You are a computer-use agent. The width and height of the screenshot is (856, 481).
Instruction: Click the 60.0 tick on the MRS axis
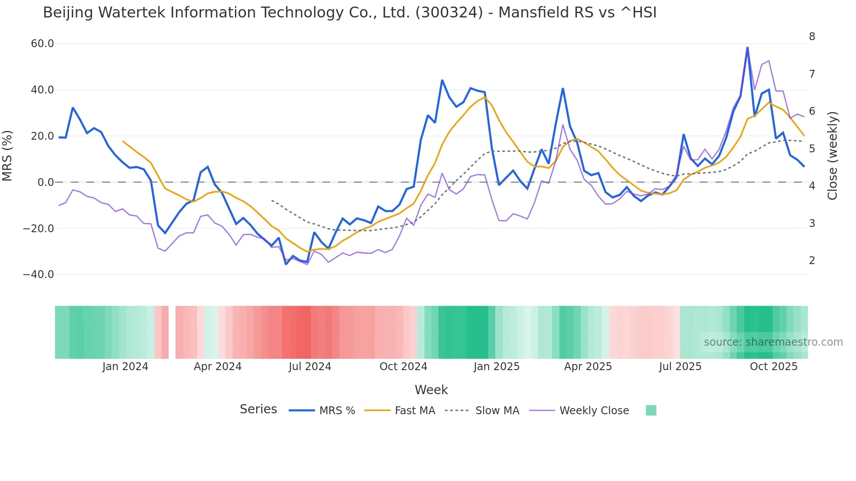pos(42,44)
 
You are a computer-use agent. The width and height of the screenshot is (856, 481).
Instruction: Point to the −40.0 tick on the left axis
pos(39,275)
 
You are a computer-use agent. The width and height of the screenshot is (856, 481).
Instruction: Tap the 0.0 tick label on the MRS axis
pos(46,182)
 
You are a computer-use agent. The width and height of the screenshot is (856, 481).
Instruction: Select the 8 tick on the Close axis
pos(812,37)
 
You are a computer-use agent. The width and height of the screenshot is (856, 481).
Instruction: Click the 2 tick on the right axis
pos(812,261)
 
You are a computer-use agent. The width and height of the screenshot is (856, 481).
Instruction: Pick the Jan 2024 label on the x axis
pos(125,367)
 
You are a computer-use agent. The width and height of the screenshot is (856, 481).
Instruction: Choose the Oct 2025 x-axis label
pos(773,367)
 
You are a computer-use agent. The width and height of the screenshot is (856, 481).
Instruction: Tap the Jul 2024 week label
pos(310,367)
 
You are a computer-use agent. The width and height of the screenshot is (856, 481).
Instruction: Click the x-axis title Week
pos(431,390)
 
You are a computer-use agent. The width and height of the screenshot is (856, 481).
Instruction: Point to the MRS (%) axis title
pos(7,155)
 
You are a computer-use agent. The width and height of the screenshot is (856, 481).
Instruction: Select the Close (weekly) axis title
pos(833,155)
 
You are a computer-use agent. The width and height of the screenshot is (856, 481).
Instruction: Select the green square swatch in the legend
pos(651,410)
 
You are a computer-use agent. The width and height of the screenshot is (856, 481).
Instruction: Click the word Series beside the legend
pos(258,409)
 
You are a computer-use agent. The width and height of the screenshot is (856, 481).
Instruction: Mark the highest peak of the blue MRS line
pos(747,48)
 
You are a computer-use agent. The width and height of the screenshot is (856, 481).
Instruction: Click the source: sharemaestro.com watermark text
pos(773,342)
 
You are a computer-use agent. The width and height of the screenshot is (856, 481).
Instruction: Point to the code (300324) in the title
pos(449,13)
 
